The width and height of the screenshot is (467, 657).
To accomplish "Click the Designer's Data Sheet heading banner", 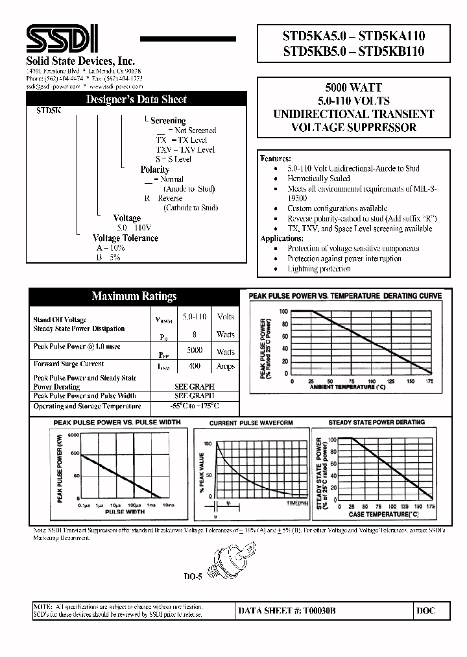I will coord(136,99).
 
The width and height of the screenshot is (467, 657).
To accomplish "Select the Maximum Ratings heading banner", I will coord(134,296).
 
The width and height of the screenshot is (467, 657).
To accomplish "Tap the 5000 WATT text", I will coord(353,88).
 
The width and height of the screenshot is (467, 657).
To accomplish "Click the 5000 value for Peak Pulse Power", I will coord(194,351).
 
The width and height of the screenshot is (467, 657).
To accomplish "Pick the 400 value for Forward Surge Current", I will coord(194,366).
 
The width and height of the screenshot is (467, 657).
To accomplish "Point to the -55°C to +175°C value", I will coord(194,406).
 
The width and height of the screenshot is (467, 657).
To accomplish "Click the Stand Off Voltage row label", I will coord(60,319).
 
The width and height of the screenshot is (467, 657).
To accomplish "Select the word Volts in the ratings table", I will coord(226,317).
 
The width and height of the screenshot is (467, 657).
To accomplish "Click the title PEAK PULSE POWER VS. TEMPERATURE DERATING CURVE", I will coord(346,296).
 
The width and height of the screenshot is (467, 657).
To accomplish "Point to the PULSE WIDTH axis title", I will coord(125,512).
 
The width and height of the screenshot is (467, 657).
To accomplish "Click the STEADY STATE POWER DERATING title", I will coord(376,423).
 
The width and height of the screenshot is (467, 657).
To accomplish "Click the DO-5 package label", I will coord(193,576).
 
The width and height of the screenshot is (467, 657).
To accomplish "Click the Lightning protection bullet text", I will coord(318,269).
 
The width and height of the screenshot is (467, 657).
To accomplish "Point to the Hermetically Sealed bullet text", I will coord(318,179).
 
